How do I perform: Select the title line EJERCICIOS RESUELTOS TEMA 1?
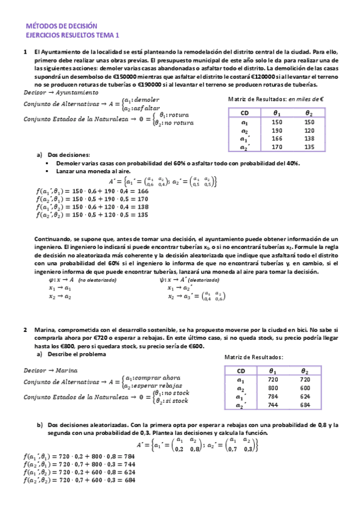[74, 35]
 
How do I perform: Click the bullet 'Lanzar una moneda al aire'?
[88, 171]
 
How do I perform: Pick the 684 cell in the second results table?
[309, 405]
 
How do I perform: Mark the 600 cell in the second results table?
[309, 389]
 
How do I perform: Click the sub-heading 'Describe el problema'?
[77, 354]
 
